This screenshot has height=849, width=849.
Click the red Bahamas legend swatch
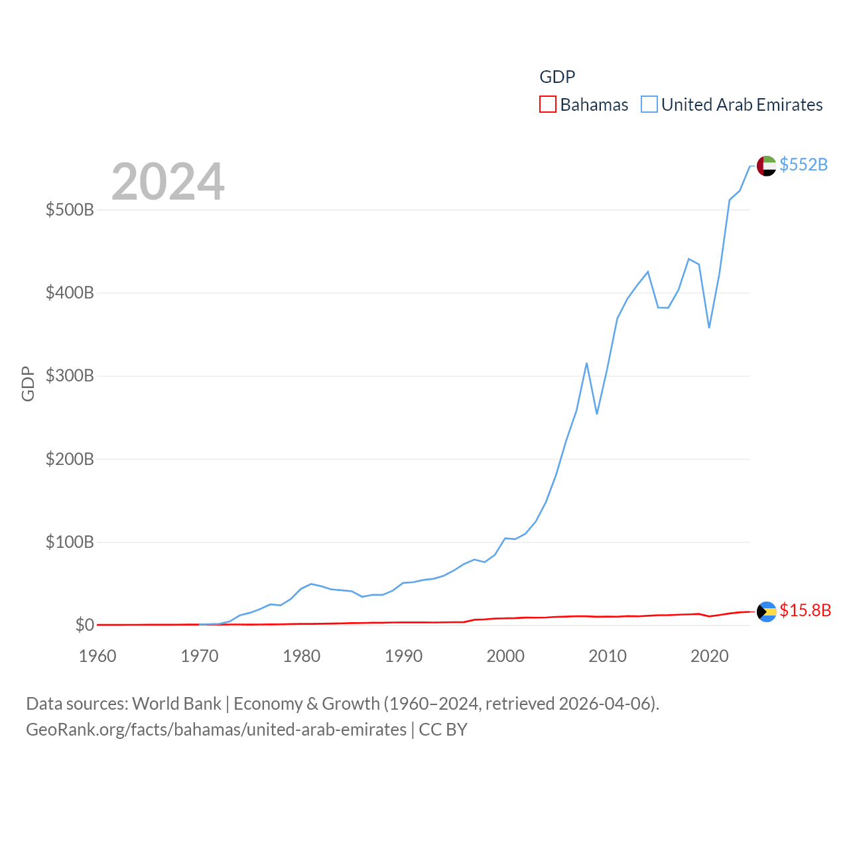tap(548, 105)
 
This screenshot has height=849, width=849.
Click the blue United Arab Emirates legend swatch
tap(649, 105)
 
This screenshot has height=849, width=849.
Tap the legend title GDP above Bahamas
tap(557, 77)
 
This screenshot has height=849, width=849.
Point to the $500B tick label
tap(70, 210)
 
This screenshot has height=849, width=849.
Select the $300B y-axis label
tap(70, 376)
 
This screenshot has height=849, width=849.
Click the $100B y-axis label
tap(70, 543)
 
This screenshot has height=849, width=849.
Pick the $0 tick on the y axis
tap(84, 625)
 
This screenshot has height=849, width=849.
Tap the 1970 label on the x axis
tap(200, 657)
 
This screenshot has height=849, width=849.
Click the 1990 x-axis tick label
tap(403, 657)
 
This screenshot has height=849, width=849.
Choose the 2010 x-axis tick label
tap(608, 657)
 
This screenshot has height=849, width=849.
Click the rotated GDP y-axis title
tap(28, 383)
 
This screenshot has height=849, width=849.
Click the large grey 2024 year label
tap(168, 182)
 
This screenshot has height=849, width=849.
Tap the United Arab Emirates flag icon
tap(766, 166)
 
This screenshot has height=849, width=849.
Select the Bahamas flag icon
tap(766, 612)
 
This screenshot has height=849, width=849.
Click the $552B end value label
tap(803, 164)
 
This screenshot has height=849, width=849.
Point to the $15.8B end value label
tap(805, 610)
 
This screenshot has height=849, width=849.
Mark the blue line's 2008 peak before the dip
tap(587, 363)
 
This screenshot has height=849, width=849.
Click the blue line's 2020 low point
tap(709, 327)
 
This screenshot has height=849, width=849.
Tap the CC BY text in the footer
tap(443, 730)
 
